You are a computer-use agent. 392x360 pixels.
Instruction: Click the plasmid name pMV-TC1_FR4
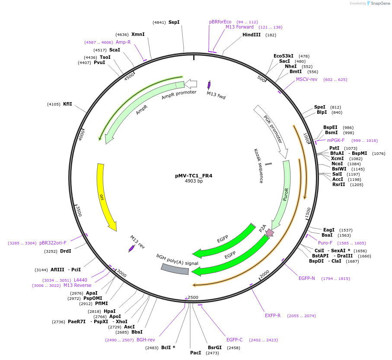tap(194, 176)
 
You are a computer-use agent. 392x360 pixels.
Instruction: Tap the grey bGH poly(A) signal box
tap(175, 269)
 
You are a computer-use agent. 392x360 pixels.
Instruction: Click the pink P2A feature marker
tap(270, 233)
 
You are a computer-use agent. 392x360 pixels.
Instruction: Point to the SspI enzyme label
tap(174, 22)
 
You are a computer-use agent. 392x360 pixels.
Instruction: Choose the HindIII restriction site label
tap(251, 35)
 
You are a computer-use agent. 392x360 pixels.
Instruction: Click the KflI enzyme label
tap(67, 104)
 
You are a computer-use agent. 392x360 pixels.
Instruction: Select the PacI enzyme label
tap(195, 353)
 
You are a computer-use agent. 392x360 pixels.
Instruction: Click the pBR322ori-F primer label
tap(53, 243)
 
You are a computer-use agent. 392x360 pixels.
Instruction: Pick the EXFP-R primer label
tap(273, 315)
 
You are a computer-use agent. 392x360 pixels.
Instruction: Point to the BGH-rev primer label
tap(146, 340)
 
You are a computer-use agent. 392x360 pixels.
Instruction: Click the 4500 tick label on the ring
tap(129, 77)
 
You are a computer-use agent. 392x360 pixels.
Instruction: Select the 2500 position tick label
tap(193, 297)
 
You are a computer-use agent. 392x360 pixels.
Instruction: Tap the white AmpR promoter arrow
tap(191, 84)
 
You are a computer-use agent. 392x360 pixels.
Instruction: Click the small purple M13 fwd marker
tap(209, 85)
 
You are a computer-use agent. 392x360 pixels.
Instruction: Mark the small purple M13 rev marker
tap(131, 248)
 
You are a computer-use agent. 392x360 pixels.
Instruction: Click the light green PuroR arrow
tap(285, 190)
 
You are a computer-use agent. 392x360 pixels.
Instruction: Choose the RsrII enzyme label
tap(338, 184)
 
